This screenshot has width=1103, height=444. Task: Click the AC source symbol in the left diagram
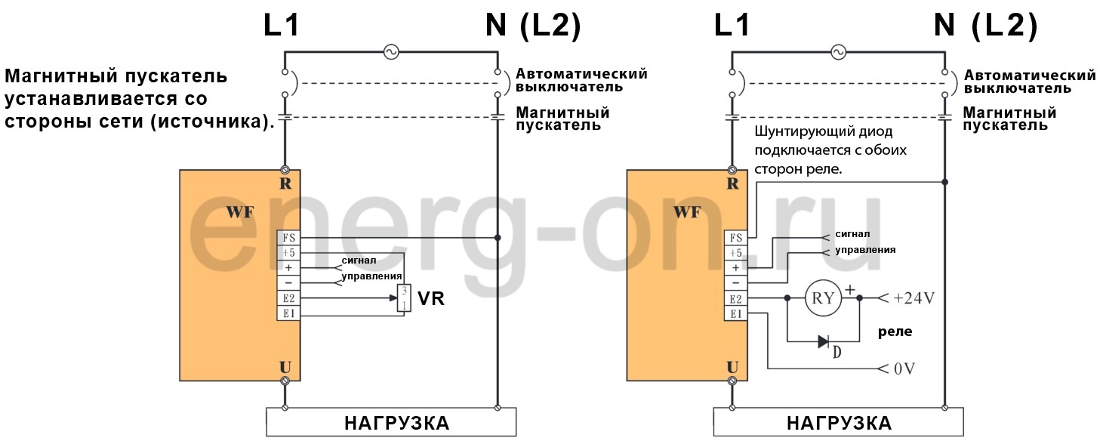390,52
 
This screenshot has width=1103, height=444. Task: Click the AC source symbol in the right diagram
837,52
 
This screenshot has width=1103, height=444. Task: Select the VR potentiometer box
404,298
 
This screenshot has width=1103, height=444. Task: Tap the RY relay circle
823,298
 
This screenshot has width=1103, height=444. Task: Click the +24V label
914,298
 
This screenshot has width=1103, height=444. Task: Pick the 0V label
904,369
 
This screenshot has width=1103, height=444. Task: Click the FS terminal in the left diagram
288,237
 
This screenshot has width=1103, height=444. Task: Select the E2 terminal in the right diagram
735,298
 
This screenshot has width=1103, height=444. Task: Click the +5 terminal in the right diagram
735,252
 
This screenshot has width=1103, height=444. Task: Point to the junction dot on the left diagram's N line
497,237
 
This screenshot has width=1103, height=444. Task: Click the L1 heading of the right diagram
732,26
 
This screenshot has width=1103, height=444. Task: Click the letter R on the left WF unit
285,183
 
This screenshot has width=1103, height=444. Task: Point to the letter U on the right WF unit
732,367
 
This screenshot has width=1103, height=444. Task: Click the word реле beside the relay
895,331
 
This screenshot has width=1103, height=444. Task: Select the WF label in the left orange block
239,212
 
